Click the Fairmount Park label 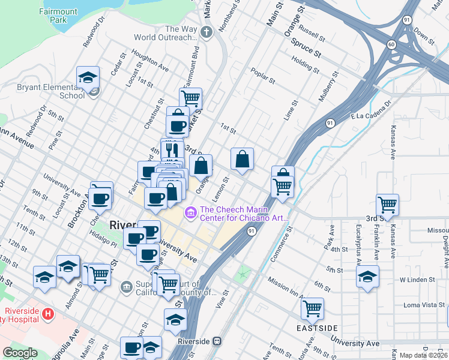pos(58,15)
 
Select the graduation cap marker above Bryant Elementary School pos(88,78)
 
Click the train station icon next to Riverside pos(217,341)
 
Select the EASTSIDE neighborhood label pos(317,328)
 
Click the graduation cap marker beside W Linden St pos(368,277)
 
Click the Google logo pos(20,353)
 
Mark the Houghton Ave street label pos(150,58)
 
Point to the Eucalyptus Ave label pos(358,245)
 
